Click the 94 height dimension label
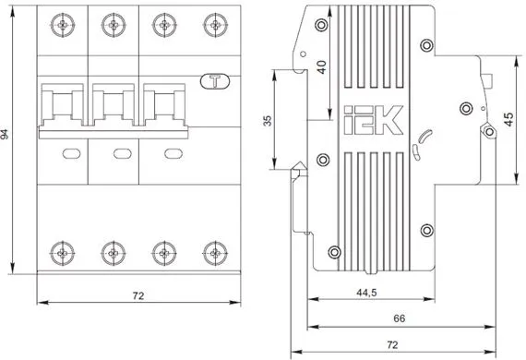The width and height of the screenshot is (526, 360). [5, 134]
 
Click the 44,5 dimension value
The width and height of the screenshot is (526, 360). [366, 293]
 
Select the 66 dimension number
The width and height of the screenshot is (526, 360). [399, 318]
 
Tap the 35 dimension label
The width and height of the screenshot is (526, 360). [268, 121]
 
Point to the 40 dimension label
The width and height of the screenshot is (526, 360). [321, 67]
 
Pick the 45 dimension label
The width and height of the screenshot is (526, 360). [508, 120]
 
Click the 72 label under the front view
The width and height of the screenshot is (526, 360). [138, 296]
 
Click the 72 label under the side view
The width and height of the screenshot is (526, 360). [392, 345]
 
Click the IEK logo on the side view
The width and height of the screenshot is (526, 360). [374, 120]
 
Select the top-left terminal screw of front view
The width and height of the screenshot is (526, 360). [63, 25]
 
